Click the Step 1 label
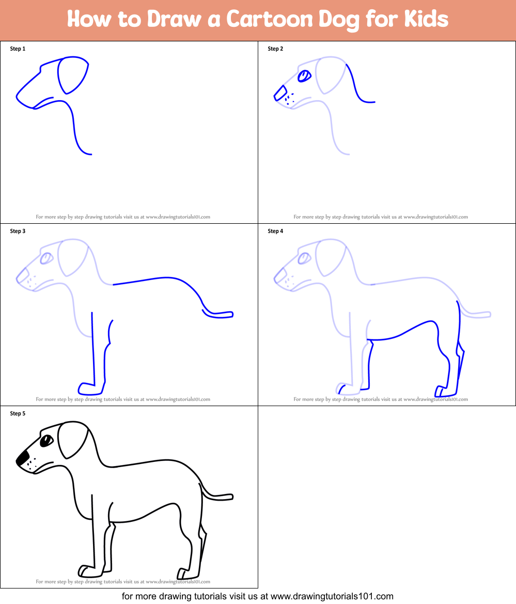(18, 49)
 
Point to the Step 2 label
(275, 49)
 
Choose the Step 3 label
(18, 231)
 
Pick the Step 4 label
(275, 231)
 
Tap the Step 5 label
(18, 413)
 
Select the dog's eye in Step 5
(46, 441)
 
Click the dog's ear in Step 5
(72, 439)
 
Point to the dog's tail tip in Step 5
(230, 497)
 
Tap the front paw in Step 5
(87, 571)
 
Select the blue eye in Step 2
(305, 76)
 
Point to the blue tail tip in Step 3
(230, 314)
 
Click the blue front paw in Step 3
(86, 387)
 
